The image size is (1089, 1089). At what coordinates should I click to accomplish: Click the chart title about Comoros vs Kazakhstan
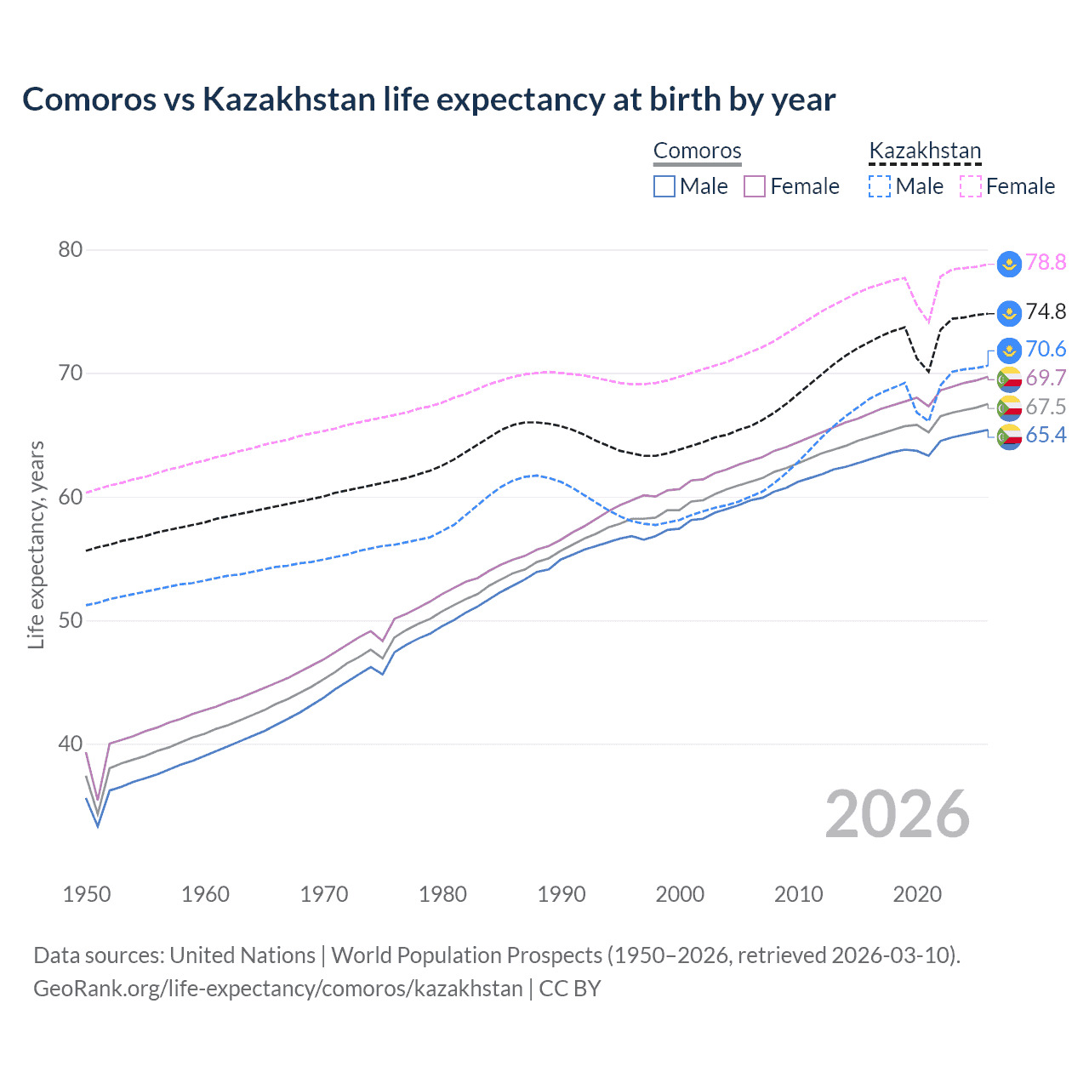point(429,100)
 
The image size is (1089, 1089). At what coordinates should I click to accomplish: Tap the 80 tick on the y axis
point(70,249)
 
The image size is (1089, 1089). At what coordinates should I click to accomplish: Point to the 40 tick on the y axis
point(70,744)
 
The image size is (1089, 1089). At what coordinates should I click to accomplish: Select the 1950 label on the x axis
point(87,894)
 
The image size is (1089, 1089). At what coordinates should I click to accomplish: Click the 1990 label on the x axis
point(562,894)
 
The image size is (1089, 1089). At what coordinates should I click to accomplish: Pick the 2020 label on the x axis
point(917,894)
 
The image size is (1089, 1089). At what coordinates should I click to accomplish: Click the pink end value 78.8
point(1046,263)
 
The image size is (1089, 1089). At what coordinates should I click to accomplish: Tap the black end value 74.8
point(1046,312)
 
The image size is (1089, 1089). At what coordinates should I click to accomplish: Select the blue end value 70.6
point(1046,350)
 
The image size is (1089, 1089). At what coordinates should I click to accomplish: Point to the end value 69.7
point(1046,378)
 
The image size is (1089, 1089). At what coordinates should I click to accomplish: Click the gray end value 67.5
point(1046,407)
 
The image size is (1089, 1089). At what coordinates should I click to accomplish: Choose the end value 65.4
point(1046,436)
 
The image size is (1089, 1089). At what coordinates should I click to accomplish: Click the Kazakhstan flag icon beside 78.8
point(1009,264)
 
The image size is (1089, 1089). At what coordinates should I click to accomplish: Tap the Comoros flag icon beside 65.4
point(1009,437)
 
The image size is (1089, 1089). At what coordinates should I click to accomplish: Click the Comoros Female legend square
point(755,186)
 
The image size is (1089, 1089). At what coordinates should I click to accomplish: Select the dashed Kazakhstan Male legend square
point(880,186)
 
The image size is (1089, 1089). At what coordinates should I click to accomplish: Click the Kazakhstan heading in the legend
point(925,151)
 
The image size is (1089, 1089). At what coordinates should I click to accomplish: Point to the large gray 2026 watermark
point(898,814)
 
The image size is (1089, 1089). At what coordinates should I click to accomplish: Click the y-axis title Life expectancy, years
point(36,544)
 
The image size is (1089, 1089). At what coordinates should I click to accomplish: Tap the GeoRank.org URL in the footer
point(278,989)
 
